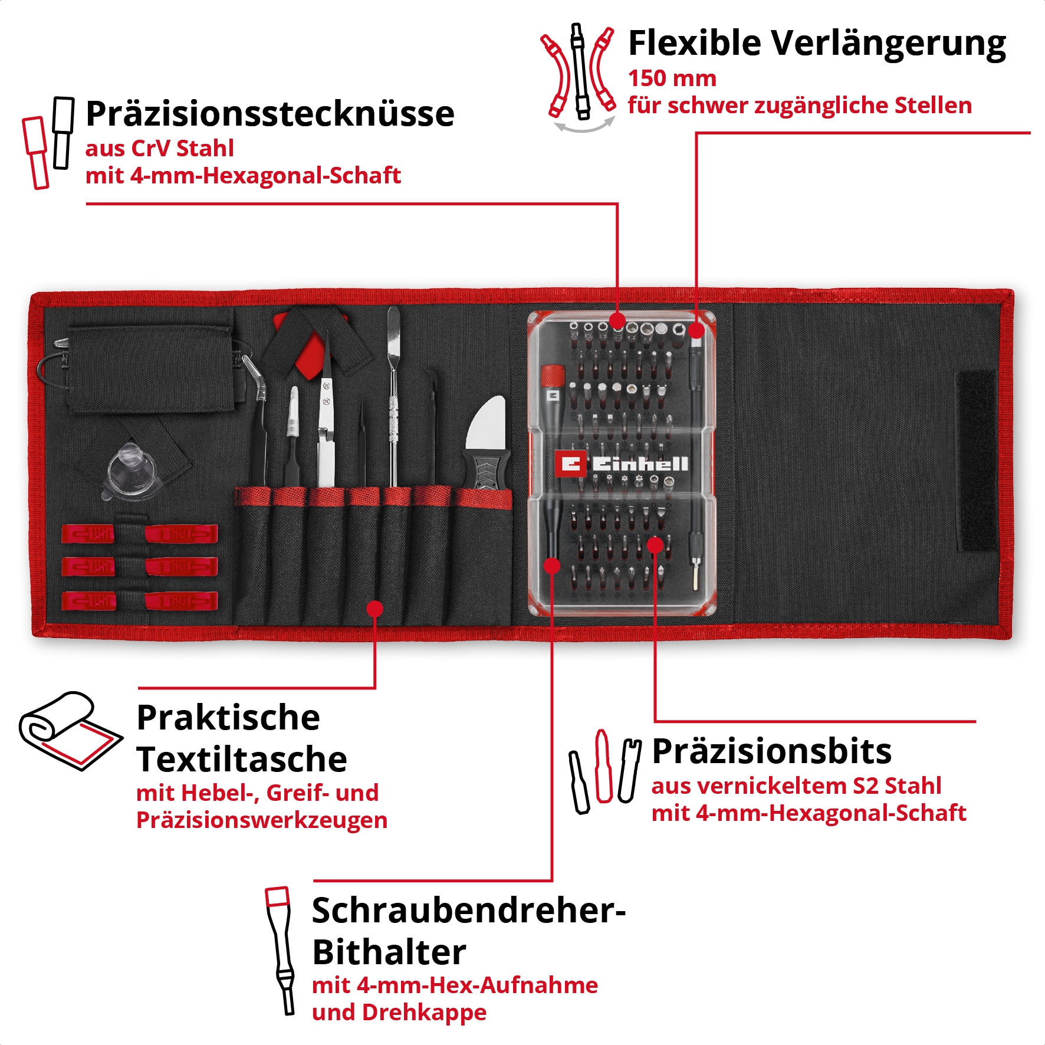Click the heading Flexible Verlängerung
[x=816, y=44]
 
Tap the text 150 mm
[x=672, y=78]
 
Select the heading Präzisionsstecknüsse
[x=270, y=114]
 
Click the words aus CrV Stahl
[x=159, y=149]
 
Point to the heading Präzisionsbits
[x=771, y=751]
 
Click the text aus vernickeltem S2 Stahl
[x=796, y=786]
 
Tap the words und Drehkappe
[x=399, y=1012]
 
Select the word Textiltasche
[x=241, y=759]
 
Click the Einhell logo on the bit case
[x=622, y=464]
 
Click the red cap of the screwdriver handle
[x=553, y=374]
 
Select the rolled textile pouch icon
[x=70, y=731]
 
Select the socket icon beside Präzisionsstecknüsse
[x=47, y=143]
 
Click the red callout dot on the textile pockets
[x=374, y=608]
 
